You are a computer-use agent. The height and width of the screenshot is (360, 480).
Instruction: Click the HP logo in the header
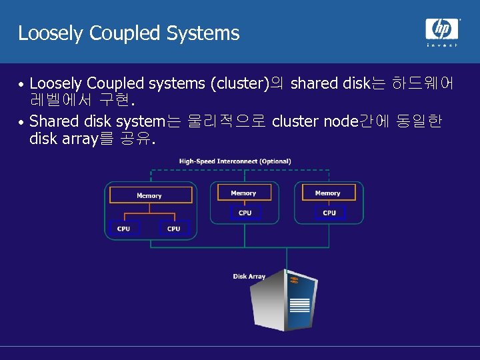pyautogui.click(x=442, y=29)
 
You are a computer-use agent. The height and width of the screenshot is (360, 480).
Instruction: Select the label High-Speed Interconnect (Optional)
pyautogui.click(x=235, y=161)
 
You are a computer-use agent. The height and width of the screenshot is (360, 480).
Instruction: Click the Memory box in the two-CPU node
pyautogui.click(x=149, y=195)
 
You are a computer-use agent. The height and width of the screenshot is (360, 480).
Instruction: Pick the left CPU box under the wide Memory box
pyautogui.click(x=124, y=229)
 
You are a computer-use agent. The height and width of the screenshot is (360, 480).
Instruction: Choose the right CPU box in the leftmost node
pyautogui.click(x=174, y=229)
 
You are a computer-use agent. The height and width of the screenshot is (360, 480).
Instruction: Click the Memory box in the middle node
pyautogui.click(x=243, y=193)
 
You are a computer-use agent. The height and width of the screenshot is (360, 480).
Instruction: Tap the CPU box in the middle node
pyautogui.click(x=245, y=213)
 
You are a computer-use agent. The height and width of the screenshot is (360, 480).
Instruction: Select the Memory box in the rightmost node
pyautogui.click(x=327, y=193)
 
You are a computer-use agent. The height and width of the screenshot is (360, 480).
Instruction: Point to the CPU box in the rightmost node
pyautogui.click(x=329, y=213)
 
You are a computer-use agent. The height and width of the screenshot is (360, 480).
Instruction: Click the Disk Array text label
pyautogui.click(x=249, y=276)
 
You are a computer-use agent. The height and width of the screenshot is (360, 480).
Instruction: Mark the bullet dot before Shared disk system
pyautogui.click(x=22, y=123)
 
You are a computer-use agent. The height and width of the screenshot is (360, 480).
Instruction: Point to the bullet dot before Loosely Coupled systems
pyautogui.click(x=22, y=85)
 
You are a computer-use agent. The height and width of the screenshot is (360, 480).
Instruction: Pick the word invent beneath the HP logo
pyautogui.click(x=442, y=45)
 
